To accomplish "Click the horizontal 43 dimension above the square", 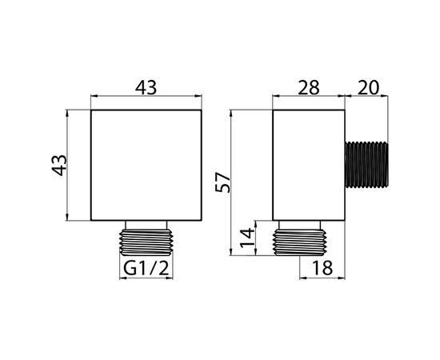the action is tap(146, 87).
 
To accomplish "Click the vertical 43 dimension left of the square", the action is tap(59, 166).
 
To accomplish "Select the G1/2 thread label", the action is tap(146, 268).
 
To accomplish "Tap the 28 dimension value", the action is tap(308, 87).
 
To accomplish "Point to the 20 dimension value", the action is tap(369, 87).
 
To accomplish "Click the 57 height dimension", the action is tap(222, 182).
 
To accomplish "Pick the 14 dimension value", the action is tap(247, 238).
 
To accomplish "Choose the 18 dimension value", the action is tap(322, 268).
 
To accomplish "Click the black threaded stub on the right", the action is tap(366, 165).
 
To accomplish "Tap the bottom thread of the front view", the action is tap(146, 242).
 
